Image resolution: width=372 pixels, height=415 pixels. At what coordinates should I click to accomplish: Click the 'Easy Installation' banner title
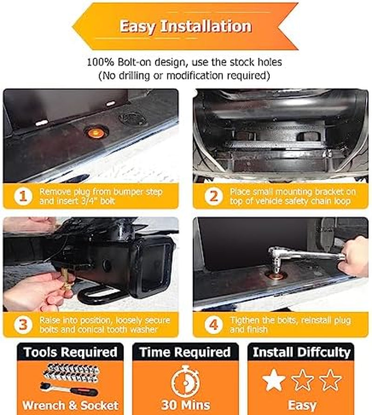click(186, 26)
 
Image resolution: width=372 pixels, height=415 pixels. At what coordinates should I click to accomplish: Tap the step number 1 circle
click(23, 196)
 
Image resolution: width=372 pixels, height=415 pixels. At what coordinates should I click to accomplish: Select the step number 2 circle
click(213, 196)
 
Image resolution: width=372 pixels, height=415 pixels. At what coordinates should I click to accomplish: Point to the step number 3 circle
click(23, 324)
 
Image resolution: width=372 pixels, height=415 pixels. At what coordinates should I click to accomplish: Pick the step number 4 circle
click(213, 324)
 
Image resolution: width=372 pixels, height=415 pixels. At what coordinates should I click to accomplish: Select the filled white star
click(274, 380)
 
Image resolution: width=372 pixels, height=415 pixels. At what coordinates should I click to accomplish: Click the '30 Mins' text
click(186, 405)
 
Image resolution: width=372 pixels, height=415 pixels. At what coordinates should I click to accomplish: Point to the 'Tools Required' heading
click(70, 352)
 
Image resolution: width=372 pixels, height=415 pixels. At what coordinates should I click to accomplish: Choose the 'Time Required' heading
click(185, 352)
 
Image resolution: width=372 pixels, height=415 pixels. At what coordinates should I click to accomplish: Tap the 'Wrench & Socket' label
click(70, 405)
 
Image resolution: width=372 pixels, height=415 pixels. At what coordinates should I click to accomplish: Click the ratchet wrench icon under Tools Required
click(69, 389)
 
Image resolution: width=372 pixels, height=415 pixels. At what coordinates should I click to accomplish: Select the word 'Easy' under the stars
click(302, 405)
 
